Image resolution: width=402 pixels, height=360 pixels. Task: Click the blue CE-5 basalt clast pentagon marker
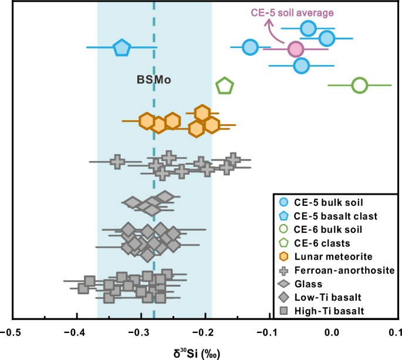coord(121,47)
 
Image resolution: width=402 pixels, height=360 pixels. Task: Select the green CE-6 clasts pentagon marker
coord(224,86)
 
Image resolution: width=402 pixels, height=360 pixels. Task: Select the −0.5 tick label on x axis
coord(13,333)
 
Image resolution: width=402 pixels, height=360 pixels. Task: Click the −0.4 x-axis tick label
coord(77,333)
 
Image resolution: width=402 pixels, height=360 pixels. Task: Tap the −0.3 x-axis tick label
coord(141,333)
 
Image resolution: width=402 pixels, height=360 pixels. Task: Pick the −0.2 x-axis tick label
coord(205,333)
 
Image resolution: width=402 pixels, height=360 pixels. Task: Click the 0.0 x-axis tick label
coord(333,333)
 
